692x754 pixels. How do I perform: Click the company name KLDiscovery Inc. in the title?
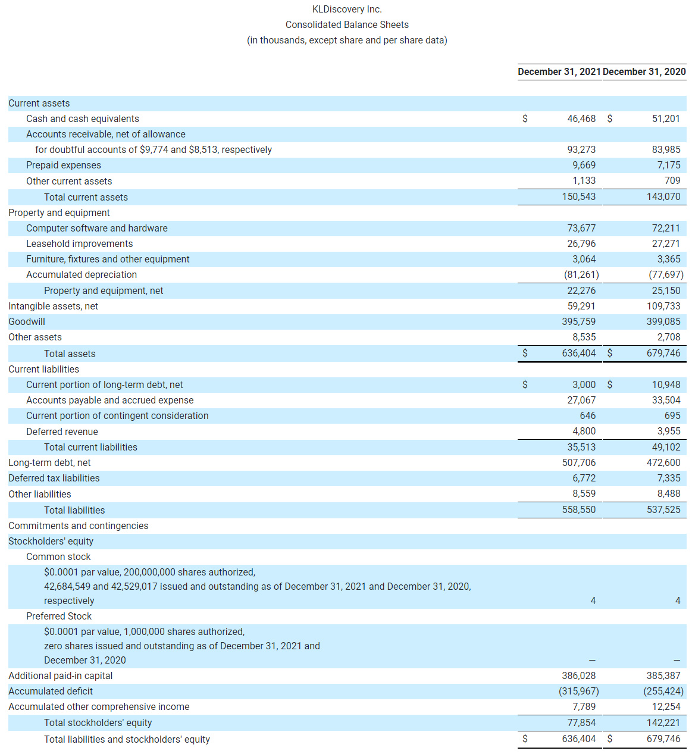[347, 9]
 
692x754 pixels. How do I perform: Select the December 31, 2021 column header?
[559, 71]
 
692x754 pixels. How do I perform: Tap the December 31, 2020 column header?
[644, 71]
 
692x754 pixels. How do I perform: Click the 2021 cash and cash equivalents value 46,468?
[581, 118]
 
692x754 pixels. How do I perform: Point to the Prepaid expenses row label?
[64, 165]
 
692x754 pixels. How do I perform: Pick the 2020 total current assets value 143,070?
[663, 196]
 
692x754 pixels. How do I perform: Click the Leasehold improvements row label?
[79, 243]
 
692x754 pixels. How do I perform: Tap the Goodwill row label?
[27, 321]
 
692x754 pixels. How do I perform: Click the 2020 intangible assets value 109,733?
[663, 306]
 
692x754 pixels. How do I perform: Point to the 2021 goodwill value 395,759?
[578, 321]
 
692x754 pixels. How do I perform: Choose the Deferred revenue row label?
[62, 431]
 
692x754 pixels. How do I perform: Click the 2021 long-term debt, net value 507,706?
[578, 462]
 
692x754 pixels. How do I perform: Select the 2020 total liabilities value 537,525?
[663, 509]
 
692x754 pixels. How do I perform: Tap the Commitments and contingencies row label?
[78, 525]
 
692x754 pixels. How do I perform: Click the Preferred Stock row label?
[59, 616]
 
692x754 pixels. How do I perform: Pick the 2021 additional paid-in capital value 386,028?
[578, 675]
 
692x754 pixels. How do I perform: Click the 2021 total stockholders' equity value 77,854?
[581, 722]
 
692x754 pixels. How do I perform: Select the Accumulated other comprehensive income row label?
[99, 706]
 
